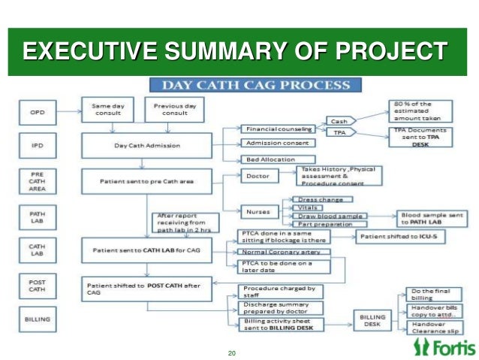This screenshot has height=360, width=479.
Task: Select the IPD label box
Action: click(x=37, y=144)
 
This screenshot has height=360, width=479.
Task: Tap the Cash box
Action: click(x=339, y=121)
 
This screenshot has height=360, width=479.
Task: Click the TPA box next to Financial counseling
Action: click(x=339, y=132)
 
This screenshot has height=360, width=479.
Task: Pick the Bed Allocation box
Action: click(x=269, y=159)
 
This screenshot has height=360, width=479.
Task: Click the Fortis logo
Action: click(x=443, y=346)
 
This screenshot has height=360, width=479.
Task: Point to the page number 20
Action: click(x=231, y=353)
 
